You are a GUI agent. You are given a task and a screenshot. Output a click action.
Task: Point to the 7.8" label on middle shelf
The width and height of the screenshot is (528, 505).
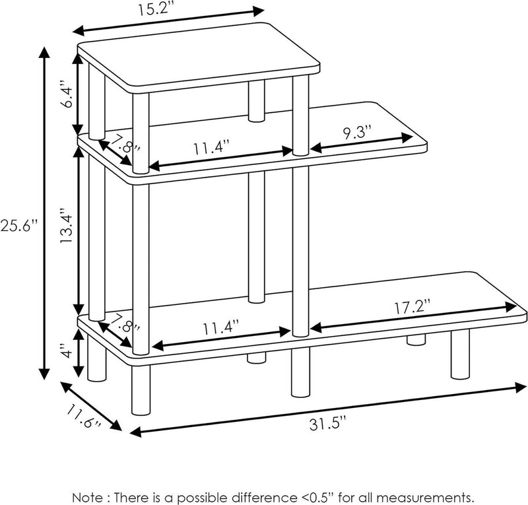(125, 145)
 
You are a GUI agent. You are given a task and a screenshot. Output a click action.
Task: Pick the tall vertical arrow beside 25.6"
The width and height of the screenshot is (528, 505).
(45, 211)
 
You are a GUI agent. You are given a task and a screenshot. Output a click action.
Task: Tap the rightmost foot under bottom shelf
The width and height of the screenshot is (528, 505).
(460, 354)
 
